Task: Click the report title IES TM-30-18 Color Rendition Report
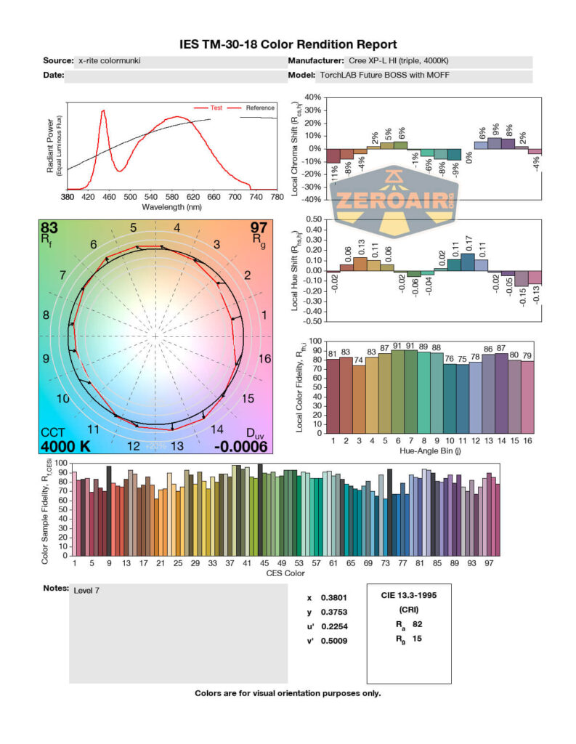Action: click(288, 45)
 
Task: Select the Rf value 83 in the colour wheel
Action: click(49, 228)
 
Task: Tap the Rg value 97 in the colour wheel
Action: click(259, 228)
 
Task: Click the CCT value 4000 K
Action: click(65, 446)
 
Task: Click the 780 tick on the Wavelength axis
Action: click(276, 197)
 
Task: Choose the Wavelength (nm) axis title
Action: click(171, 207)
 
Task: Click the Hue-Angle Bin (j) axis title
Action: click(433, 450)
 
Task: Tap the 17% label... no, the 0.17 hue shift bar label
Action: click(467, 240)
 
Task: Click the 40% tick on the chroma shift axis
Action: click(313, 97)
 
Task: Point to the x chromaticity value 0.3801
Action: click(331, 598)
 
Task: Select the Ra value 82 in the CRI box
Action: click(416, 624)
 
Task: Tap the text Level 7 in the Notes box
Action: click(86, 591)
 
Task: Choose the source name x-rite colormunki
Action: click(109, 61)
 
